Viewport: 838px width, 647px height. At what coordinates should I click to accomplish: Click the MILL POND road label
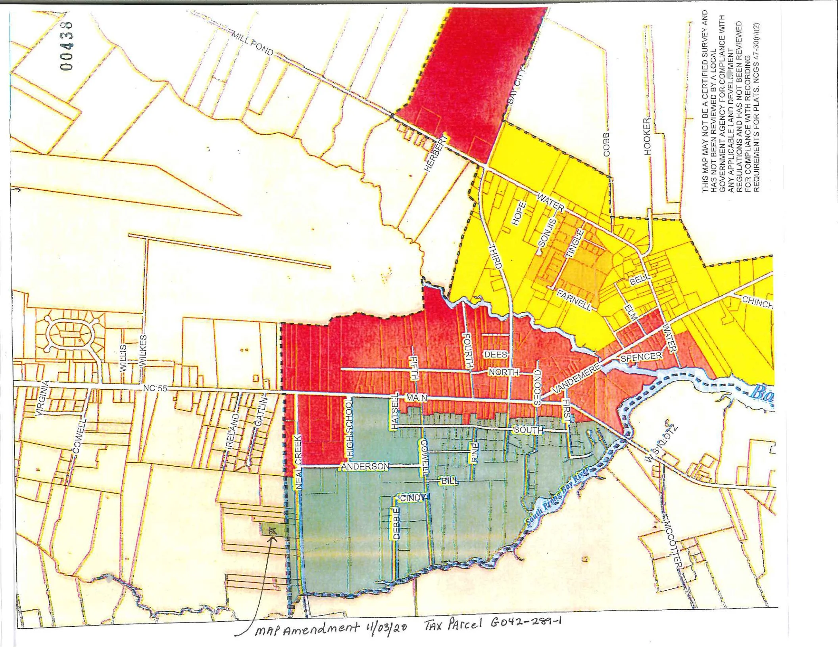[x=253, y=44]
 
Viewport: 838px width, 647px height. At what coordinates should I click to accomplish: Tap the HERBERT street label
[x=435, y=154]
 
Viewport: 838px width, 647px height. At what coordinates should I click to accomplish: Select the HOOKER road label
[x=647, y=136]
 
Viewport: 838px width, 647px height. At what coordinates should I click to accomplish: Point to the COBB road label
[x=606, y=145]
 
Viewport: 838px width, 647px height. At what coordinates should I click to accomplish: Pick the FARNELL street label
[x=574, y=300]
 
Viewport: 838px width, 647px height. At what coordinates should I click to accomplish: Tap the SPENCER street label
[x=641, y=357]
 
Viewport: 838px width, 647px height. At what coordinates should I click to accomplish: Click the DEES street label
[x=495, y=354]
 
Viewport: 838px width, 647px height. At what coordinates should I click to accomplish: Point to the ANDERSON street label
[x=365, y=467]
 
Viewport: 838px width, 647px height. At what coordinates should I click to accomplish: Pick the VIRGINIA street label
[x=42, y=398]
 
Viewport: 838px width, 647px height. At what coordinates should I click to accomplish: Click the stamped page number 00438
[x=67, y=46]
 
